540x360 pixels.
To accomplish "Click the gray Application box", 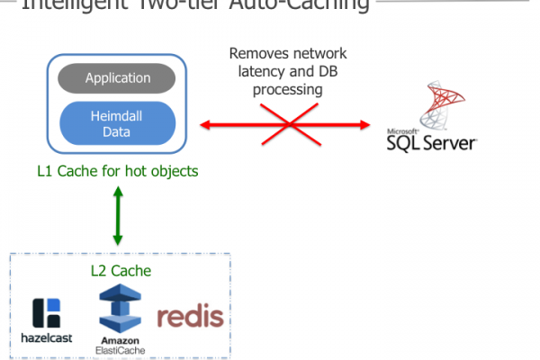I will [x=117, y=78].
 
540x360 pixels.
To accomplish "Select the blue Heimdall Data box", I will [x=117, y=123].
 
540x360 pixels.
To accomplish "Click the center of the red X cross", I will [x=285, y=123].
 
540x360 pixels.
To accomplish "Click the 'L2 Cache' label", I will [x=120, y=270].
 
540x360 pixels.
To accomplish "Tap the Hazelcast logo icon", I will [x=46, y=311].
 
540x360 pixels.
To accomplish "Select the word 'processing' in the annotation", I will [x=288, y=91].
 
